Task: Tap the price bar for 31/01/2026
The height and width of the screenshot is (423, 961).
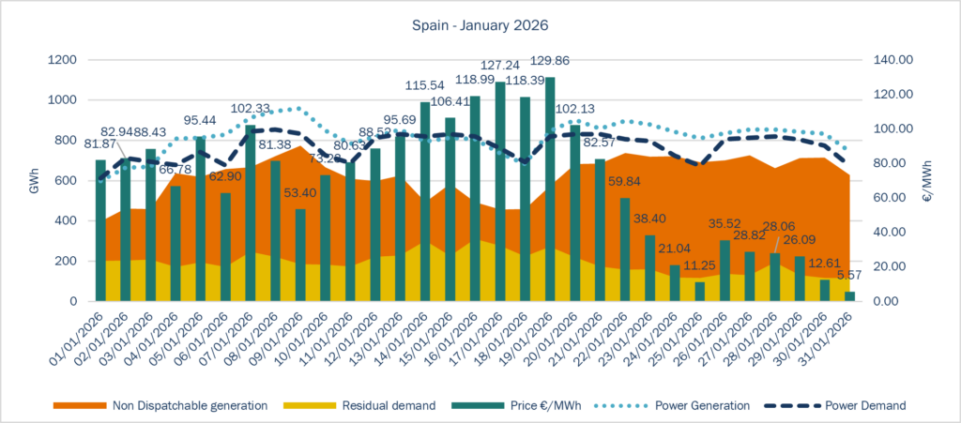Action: click(x=848, y=296)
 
